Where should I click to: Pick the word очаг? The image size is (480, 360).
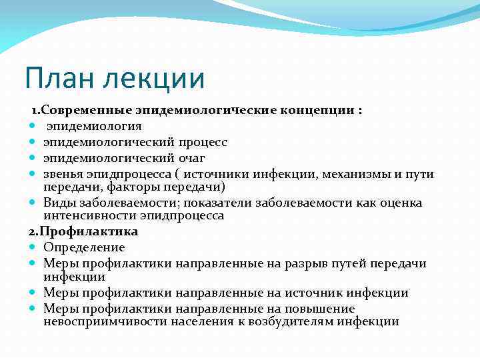[x=187, y=158]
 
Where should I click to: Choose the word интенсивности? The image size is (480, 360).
[x=91, y=215]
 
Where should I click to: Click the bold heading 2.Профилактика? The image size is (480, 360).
[x=83, y=231]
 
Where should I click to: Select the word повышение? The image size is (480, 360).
[x=320, y=309]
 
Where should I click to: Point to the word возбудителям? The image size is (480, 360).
[x=275, y=321]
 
